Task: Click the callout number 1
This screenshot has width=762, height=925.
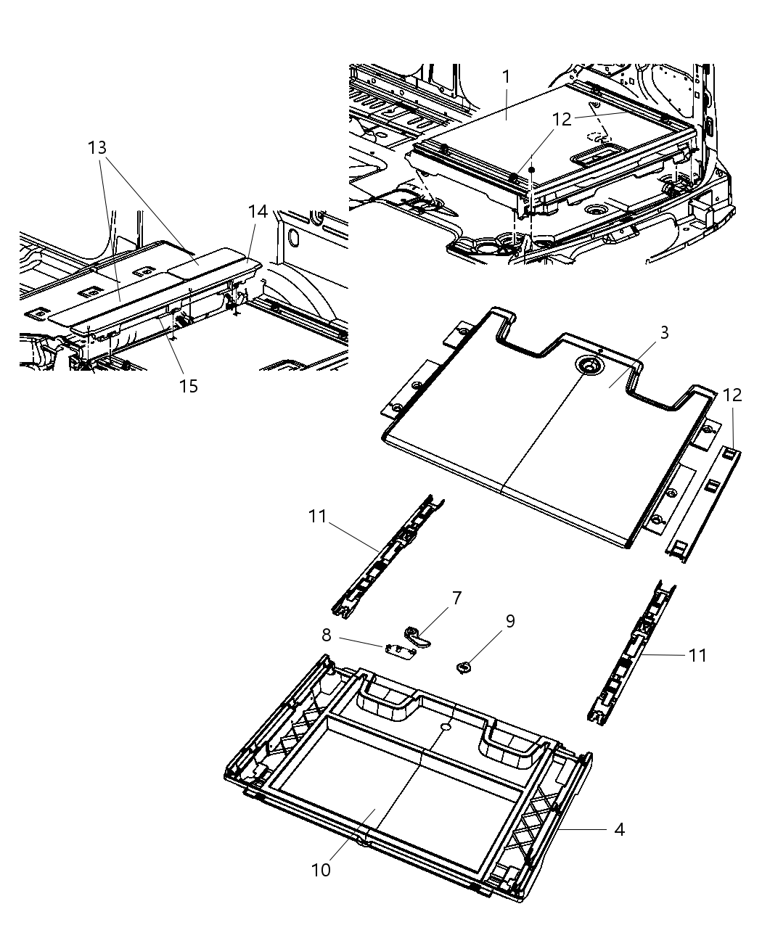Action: (506, 76)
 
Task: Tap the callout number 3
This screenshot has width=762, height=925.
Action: (663, 333)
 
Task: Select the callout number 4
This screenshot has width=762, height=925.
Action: (619, 829)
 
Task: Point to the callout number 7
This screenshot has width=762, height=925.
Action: (456, 599)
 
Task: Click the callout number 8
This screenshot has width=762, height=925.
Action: (327, 636)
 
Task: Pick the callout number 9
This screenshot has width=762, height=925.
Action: (509, 622)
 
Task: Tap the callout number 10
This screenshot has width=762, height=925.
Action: (321, 869)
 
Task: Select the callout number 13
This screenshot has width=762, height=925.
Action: (97, 148)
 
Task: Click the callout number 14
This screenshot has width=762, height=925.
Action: (258, 212)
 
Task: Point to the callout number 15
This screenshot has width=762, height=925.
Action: (188, 386)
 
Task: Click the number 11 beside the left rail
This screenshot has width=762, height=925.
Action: (316, 517)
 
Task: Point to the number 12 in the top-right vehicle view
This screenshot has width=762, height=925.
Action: (562, 120)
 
